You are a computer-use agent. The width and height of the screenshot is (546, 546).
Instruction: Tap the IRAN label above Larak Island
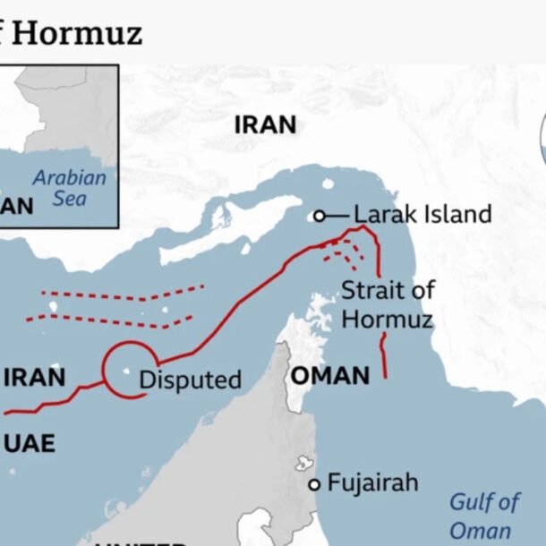(x=265, y=125)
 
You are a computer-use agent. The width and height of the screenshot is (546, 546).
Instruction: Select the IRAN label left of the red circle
(x=34, y=377)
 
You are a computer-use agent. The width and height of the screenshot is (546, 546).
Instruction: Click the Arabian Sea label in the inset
(x=69, y=188)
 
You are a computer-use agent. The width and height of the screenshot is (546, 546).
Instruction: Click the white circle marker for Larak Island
(x=319, y=216)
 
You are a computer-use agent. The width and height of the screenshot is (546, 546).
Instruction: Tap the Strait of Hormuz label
(x=388, y=304)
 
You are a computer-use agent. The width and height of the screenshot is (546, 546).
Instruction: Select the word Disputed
(x=190, y=380)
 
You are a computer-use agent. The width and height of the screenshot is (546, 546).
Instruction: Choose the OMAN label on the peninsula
(x=329, y=375)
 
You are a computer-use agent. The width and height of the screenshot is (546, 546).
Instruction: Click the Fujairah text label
(x=372, y=483)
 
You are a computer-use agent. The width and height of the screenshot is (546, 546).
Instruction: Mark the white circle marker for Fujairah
(x=314, y=484)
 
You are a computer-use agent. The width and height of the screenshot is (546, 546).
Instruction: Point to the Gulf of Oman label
(x=483, y=515)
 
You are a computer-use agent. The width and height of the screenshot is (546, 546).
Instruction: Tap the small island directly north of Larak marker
(x=328, y=185)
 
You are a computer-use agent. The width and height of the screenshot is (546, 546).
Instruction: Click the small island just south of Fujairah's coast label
(x=303, y=464)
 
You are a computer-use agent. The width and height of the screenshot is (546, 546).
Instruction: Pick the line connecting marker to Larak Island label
(x=337, y=216)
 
